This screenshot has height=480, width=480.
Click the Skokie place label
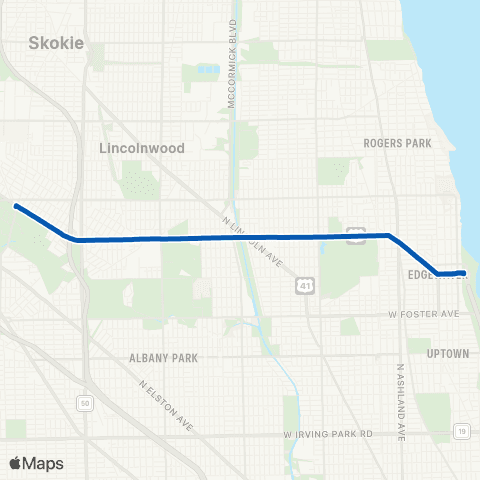[56, 44]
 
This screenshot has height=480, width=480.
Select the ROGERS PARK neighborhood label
[398, 144]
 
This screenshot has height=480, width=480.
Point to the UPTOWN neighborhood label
[447, 354]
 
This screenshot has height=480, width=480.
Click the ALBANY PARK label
[164, 358]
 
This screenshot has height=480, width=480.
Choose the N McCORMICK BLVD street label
[236, 58]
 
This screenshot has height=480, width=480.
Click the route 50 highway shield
[83, 402]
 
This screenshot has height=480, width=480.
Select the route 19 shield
[461, 431]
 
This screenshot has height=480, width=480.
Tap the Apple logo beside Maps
[16, 463]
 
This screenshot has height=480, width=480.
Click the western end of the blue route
[16, 206]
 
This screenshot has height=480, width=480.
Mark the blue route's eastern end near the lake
[462, 272]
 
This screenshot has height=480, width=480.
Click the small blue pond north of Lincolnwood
[207, 70]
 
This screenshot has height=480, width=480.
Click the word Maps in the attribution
[44, 464]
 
